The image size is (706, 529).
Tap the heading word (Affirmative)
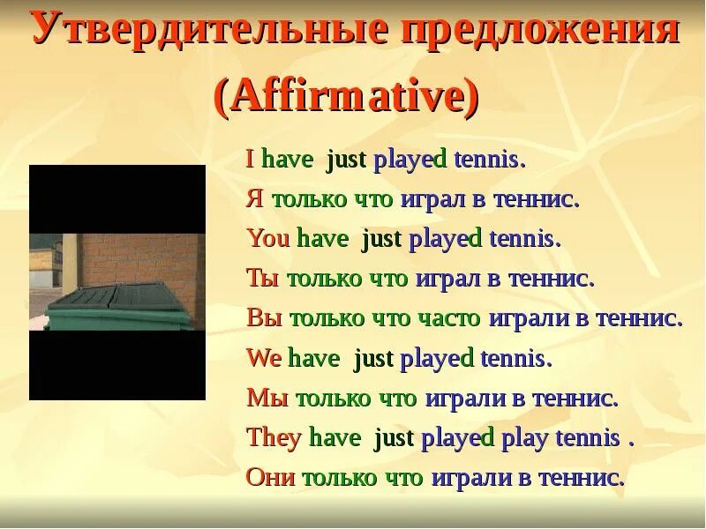347,96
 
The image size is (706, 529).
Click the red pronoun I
250,160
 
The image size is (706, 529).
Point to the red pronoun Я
254,199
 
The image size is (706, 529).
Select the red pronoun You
268,239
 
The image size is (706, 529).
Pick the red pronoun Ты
262,279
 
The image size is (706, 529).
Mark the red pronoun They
274,438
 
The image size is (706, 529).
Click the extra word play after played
524,438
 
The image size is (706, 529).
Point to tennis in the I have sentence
489,160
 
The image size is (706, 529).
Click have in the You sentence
322,239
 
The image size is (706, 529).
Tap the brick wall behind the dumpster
141,256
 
